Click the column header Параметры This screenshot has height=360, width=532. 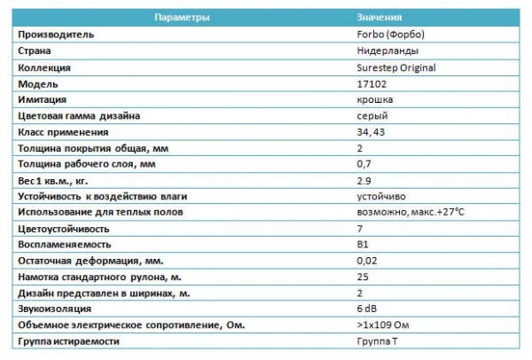pos(181,18)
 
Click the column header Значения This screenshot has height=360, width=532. pos(379,18)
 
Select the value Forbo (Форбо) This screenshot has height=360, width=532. pos(383,35)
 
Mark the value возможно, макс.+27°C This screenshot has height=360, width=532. pos(403,212)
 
